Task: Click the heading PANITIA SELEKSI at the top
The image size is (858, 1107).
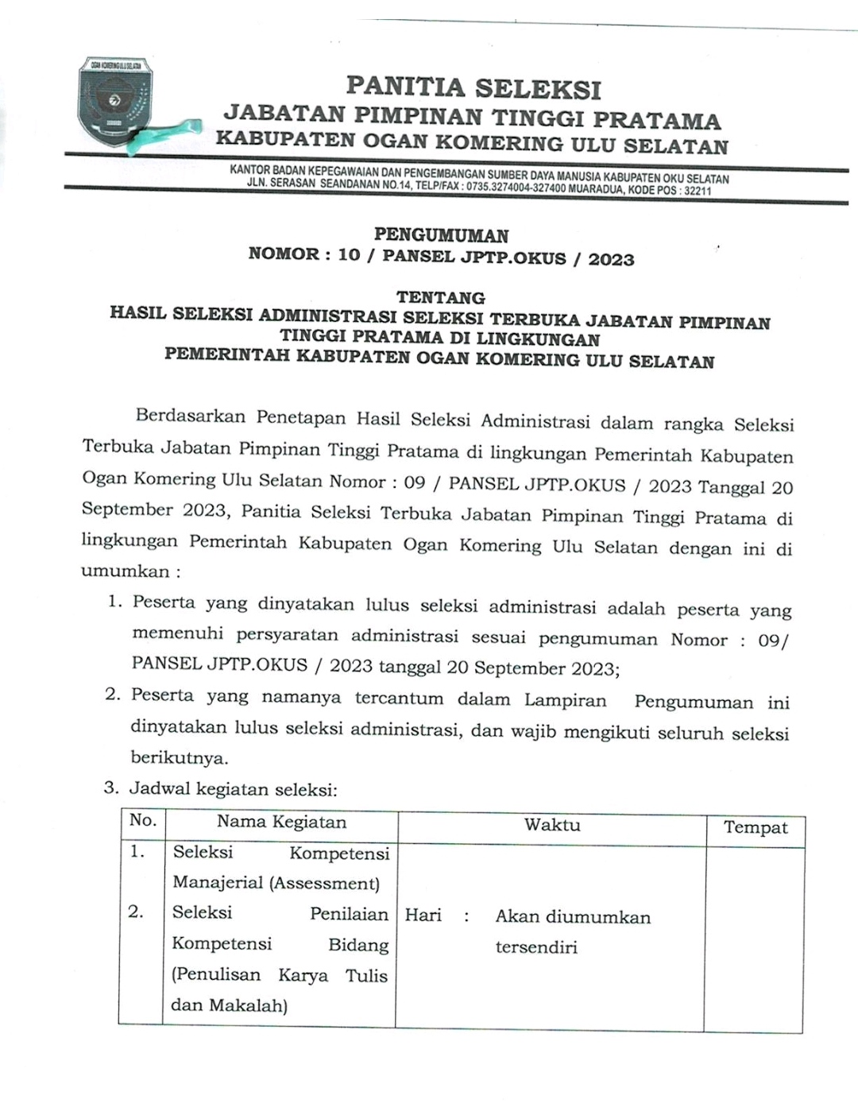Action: (x=473, y=87)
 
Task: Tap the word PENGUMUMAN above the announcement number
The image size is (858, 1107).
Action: (x=441, y=235)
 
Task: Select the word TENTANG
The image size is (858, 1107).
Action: (x=441, y=298)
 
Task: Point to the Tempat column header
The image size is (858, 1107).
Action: (x=755, y=828)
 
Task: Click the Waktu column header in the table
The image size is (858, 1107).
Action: (x=551, y=825)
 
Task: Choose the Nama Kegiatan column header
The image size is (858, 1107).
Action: (x=281, y=822)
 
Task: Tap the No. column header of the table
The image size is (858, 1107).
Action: (x=143, y=820)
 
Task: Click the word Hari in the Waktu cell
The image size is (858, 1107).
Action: (x=423, y=915)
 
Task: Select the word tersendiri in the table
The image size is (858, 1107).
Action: (x=535, y=947)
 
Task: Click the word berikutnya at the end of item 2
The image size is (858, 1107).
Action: (x=179, y=758)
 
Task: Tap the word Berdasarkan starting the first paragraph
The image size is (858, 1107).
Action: (x=191, y=416)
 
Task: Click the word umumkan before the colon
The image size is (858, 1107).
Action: (x=125, y=571)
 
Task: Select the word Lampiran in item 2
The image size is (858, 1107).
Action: (x=565, y=701)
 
